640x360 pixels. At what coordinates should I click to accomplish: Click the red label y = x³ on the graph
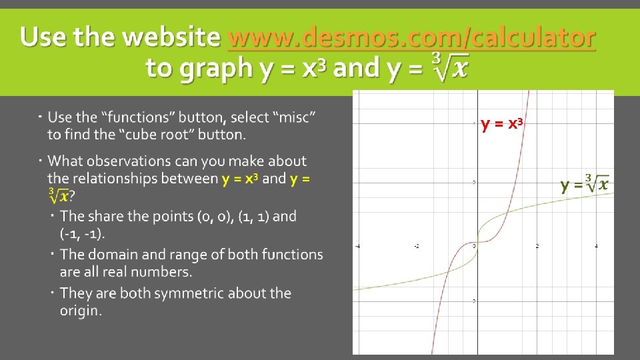[501, 124]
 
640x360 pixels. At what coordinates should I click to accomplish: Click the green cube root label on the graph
[584, 184]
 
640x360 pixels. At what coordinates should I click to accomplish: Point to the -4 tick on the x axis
[358, 247]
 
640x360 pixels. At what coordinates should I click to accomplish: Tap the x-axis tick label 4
[596, 247]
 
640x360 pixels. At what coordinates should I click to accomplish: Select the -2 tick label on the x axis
[417, 247]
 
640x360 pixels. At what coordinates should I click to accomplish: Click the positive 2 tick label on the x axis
[537, 247]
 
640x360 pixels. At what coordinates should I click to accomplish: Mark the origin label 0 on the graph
[474, 247]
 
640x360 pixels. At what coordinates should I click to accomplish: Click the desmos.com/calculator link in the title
[411, 37]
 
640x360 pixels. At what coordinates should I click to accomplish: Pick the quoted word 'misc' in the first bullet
[291, 117]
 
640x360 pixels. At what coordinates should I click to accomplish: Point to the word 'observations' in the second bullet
[140, 161]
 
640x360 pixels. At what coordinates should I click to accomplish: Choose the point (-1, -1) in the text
[82, 234]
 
